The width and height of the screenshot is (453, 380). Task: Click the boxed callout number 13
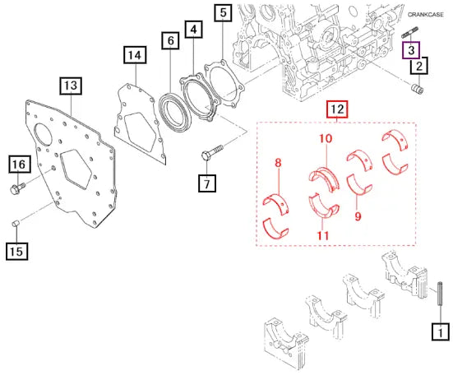(71, 86)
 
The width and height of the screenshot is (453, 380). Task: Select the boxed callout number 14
(135, 55)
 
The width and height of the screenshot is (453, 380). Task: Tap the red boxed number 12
(337, 109)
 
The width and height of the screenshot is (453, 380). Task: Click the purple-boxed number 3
(411, 50)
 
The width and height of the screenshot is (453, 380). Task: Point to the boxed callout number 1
(441, 331)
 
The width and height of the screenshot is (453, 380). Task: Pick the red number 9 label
(358, 215)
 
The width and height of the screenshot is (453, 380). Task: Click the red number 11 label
(323, 236)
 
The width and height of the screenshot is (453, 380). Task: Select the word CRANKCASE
(426, 15)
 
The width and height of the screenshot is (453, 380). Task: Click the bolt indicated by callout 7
(213, 152)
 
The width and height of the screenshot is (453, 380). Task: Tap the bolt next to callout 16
(17, 188)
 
